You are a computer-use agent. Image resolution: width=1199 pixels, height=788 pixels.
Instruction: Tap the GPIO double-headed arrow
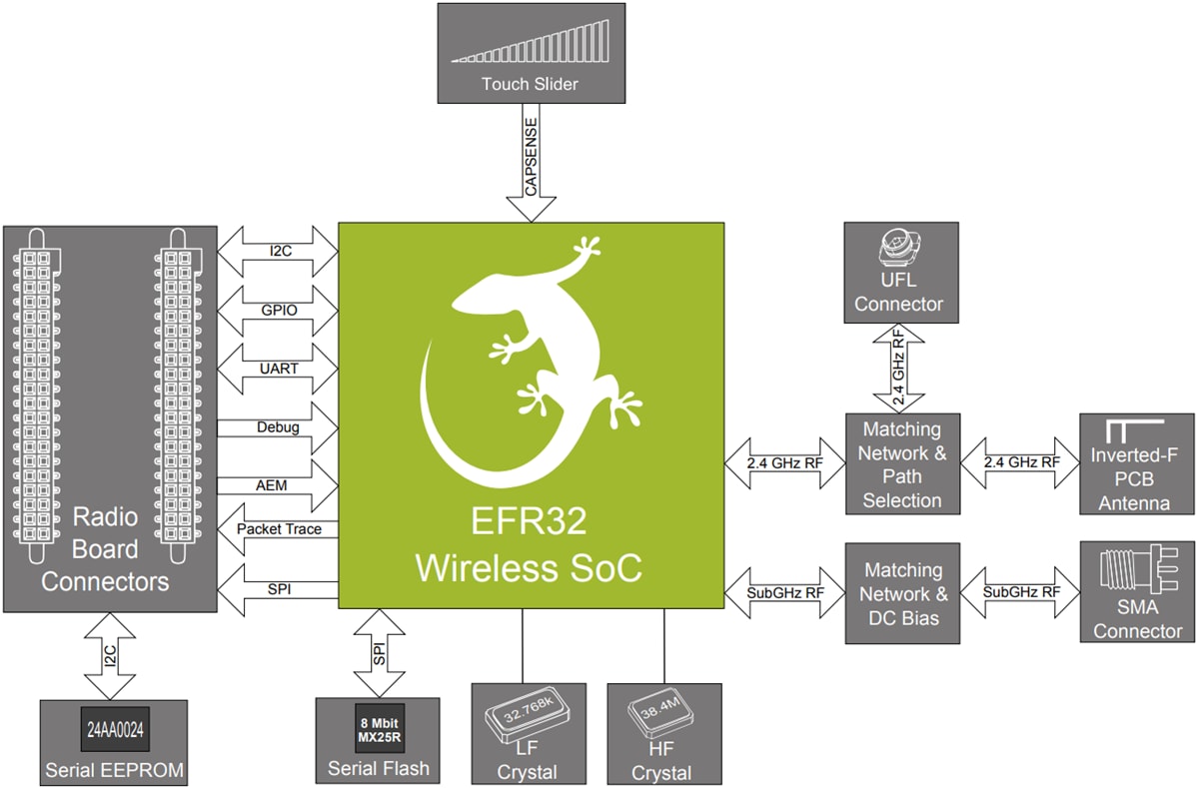click(x=278, y=310)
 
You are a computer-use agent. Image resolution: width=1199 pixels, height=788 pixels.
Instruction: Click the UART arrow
click(x=278, y=368)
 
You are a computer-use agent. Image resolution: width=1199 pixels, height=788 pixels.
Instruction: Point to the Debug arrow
click(x=278, y=427)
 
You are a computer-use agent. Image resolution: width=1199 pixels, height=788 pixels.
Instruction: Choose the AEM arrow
click(x=278, y=484)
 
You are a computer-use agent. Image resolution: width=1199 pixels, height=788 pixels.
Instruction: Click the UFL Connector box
click(x=899, y=270)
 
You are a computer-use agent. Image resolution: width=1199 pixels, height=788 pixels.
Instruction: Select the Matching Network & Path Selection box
click(x=901, y=464)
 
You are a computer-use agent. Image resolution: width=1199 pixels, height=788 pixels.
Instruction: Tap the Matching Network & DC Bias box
click(x=902, y=593)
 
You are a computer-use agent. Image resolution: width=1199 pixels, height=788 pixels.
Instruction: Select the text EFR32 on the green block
click(x=529, y=522)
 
